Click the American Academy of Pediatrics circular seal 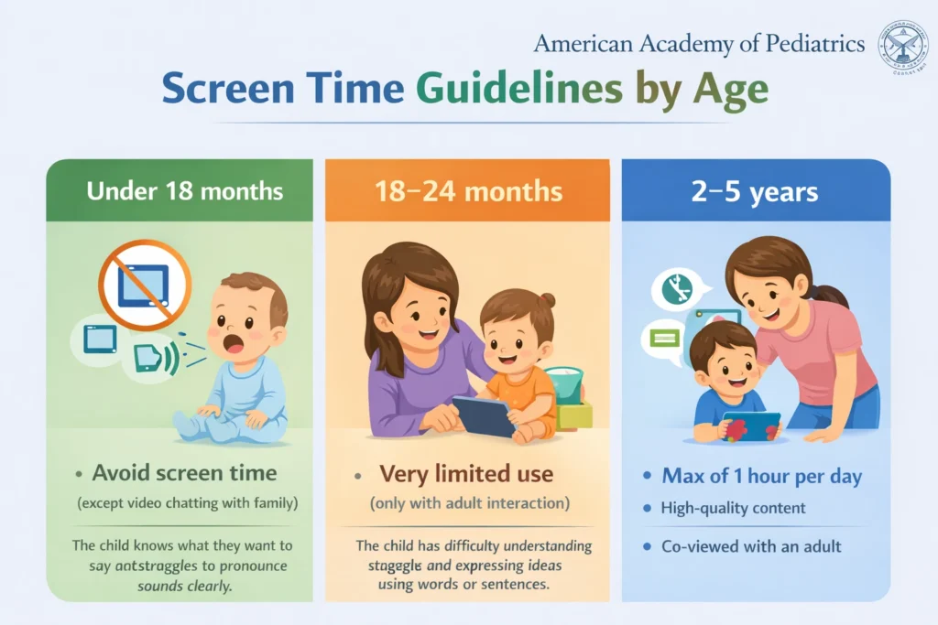(x=903, y=47)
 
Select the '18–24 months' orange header (x=467, y=191)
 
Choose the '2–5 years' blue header (x=756, y=193)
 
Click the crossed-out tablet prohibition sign (x=145, y=284)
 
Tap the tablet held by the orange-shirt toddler (x=484, y=416)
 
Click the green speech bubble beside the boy (x=663, y=339)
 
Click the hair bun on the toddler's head (x=547, y=301)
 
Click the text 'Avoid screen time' (x=184, y=473)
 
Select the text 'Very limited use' (x=466, y=474)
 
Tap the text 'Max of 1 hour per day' (x=762, y=476)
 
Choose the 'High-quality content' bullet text (x=733, y=507)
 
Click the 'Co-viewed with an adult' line (x=751, y=546)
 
